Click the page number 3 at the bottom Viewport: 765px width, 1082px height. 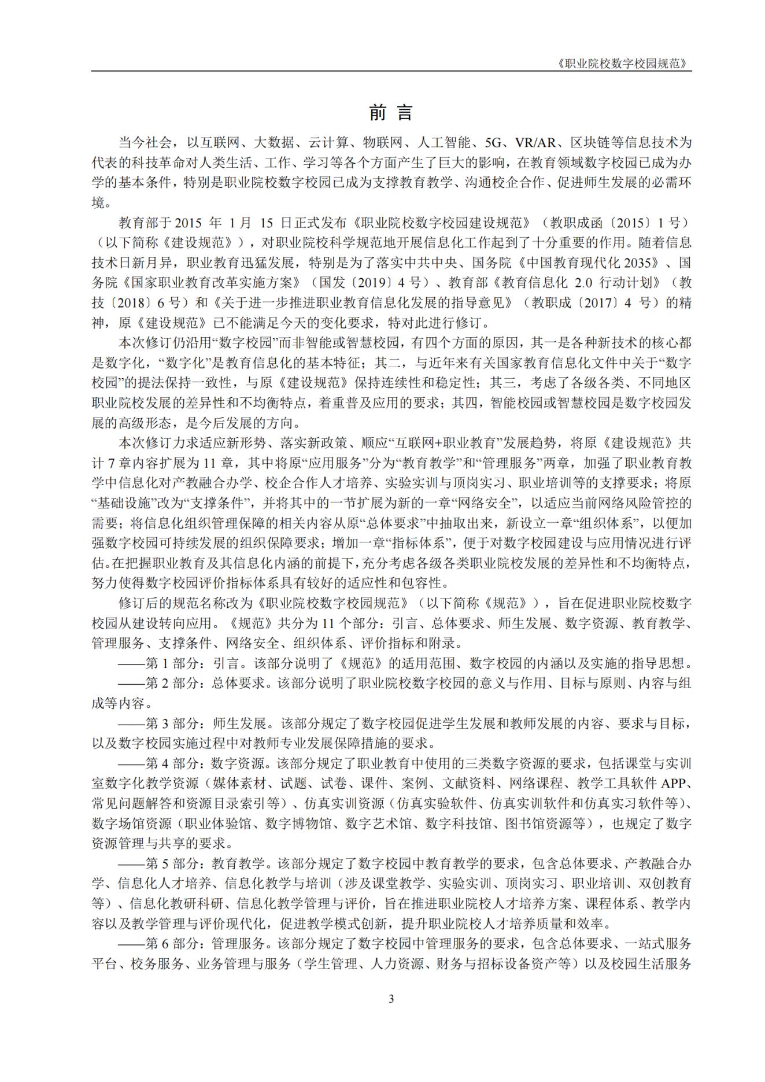click(391, 999)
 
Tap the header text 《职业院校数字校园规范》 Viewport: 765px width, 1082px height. click(624, 64)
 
